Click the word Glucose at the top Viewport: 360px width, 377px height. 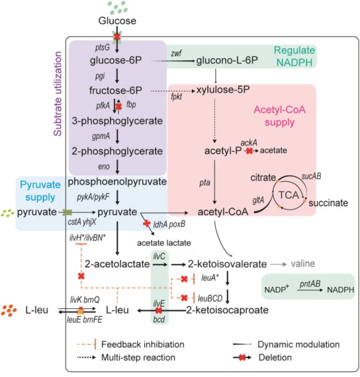pos(117,21)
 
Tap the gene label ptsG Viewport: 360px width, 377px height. pos(103,48)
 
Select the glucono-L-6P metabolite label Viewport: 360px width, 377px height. pos(227,60)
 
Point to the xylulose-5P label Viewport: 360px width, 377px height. pos(223,90)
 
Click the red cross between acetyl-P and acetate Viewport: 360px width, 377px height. pos(249,151)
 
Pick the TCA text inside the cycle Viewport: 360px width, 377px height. pos(289,194)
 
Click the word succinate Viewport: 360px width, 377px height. pos(328,203)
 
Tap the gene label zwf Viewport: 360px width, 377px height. pos(176,53)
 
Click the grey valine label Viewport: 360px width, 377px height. pos(303,264)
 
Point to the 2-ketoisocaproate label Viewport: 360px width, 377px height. pos(228,310)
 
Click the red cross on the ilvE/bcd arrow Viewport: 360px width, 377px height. pos(159,311)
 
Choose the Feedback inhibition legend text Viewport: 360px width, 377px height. pos(143,345)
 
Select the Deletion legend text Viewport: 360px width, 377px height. pos(275,358)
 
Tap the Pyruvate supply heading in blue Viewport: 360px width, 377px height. pos(40,191)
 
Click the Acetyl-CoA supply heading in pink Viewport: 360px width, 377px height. pos(280,116)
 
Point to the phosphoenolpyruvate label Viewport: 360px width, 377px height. pos(117,182)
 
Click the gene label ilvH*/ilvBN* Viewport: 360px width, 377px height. pos(87,238)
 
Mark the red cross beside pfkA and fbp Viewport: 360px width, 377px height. pos(118,106)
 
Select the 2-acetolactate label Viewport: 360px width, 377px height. pos(117,264)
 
